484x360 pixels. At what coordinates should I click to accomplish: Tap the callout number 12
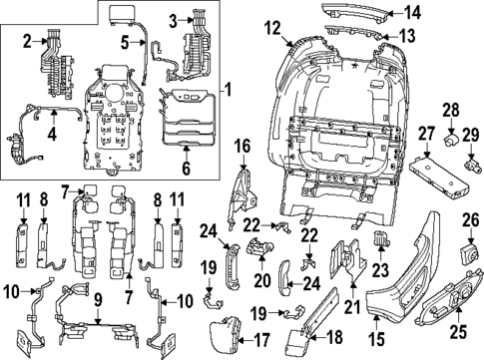tap(273, 29)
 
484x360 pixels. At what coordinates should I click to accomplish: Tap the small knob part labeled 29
tap(466, 157)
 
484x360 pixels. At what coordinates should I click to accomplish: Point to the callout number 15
tap(377, 318)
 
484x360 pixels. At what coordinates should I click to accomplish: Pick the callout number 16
tap(242, 146)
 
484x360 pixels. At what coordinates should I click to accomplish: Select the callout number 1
tap(229, 91)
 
